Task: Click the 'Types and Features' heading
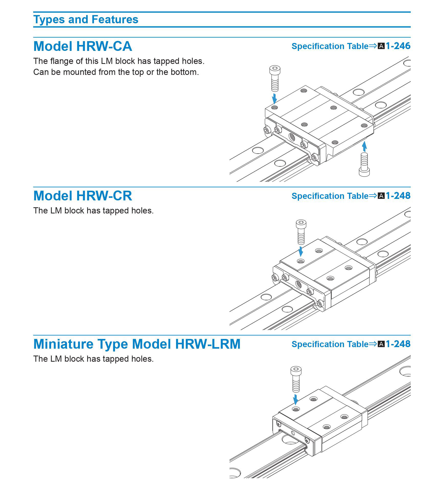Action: point(86,19)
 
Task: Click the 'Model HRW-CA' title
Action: point(83,46)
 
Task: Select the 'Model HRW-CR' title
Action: point(83,196)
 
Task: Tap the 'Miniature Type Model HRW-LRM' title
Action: point(137,344)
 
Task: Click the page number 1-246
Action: point(398,46)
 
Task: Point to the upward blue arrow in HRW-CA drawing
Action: point(364,146)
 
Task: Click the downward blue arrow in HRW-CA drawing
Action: point(274,98)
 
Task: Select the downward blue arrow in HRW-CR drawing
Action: point(301,251)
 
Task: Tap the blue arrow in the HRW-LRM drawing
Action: point(296,399)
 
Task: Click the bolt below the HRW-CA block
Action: point(364,165)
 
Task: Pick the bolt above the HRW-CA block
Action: point(275,78)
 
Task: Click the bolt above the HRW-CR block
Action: point(301,232)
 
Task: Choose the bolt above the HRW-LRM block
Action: point(296,379)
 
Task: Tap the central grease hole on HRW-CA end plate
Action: point(292,137)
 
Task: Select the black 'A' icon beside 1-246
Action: point(381,46)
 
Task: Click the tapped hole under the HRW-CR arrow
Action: point(301,261)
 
